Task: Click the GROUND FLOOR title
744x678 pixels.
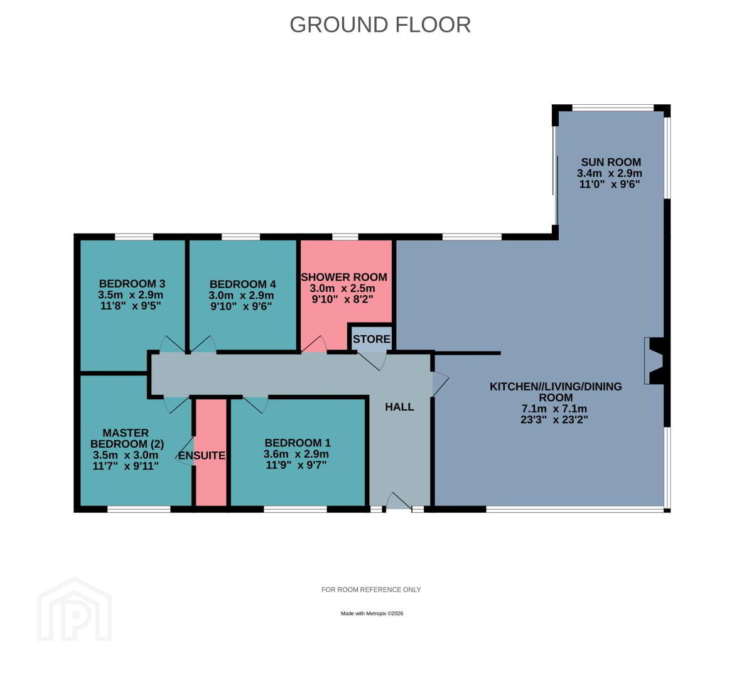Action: pos(380,24)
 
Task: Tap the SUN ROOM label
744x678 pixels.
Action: pos(611,162)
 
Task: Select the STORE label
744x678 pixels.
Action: pos(372,339)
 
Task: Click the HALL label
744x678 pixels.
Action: pos(399,407)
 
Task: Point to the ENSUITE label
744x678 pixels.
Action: pos(202,456)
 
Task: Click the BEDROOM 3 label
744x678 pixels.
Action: pos(132,284)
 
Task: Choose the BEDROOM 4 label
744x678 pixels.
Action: pos(242,284)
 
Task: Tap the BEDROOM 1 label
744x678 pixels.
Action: pos(298,443)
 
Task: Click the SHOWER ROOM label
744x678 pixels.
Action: pos(344,277)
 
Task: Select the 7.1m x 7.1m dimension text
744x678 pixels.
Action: pos(554,409)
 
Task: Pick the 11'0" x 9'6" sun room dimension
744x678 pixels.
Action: pos(610,184)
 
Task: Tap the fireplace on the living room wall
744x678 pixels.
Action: pos(655,360)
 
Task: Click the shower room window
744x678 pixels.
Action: pos(345,237)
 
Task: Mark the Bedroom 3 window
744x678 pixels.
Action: pos(134,237)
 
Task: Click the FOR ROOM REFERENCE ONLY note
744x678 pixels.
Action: pos(371,589)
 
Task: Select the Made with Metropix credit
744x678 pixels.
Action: pos(372,613)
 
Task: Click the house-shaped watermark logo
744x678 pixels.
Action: pos(75,609)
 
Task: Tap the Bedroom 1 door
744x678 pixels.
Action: pos(256,404)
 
